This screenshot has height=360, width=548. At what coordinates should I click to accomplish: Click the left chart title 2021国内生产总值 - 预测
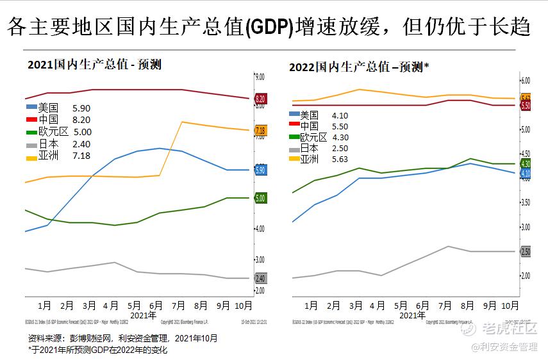coord(94,65)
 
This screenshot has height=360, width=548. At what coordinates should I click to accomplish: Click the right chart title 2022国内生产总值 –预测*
coord(359,67)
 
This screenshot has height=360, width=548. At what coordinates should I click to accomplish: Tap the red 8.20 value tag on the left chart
coord(261,99)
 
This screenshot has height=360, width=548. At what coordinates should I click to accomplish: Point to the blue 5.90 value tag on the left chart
coord(261,170)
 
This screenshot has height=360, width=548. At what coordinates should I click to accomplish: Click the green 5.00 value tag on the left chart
coord(261,199)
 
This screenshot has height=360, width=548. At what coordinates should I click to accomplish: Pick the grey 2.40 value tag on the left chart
coord(261,279)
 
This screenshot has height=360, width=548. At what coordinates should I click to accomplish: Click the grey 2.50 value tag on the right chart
coord(526,252)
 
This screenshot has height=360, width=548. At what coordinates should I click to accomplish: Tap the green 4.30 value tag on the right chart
coord(526,164)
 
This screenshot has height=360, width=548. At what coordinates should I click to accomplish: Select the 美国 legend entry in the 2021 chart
coord(48,108)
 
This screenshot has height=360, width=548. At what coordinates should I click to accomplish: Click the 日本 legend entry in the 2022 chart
coord(309,148)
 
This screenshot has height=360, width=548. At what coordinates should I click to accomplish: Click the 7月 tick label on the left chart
coord(179,306)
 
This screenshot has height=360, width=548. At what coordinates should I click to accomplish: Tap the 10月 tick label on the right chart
coord(510,306)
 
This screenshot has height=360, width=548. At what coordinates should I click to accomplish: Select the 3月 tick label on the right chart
coord(356,306)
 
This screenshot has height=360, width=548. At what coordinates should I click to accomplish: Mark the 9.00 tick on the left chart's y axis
coord(260,77)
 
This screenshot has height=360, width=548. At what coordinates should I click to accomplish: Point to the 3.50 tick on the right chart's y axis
coord(526,202)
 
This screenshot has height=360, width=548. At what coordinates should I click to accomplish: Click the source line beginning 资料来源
coord(122,338)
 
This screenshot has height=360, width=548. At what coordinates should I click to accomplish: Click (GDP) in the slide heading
coord(270,28)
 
